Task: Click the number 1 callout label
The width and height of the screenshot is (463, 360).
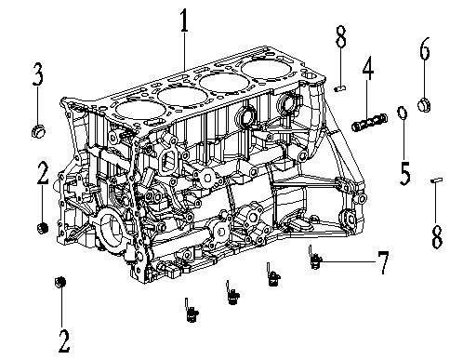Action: pos(184,20)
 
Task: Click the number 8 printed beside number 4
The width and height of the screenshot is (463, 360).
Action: pos(341,40)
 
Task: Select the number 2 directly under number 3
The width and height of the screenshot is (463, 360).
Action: pos(42,174)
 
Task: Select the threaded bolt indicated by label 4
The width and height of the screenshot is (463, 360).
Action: pos(370,123)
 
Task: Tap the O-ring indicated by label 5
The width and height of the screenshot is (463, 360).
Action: pos(403,113)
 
